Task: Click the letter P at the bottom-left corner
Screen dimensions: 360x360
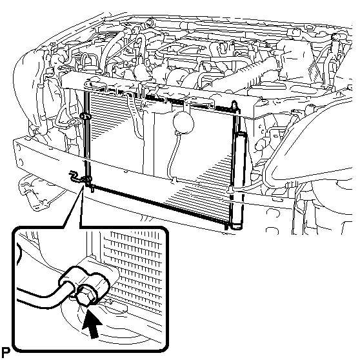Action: [x=6, y=353]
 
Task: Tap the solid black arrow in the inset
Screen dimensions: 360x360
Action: [x=92, y=324]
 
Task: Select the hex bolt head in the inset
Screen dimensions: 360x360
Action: [x=86, y=297]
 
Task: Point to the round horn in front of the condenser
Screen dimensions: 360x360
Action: [x=183, y=123]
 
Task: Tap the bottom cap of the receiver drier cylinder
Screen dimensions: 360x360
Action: [x=236, y=226]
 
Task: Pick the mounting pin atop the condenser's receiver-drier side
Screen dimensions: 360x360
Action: [x=234, y=106]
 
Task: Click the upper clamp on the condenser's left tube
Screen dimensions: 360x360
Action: [x=85, y=116]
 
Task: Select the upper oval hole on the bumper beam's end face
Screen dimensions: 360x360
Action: [x=18, y=148]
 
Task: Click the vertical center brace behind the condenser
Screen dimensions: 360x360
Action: [x=149, y=143]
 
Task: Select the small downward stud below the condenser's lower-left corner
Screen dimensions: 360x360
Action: [x=92, y=189]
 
